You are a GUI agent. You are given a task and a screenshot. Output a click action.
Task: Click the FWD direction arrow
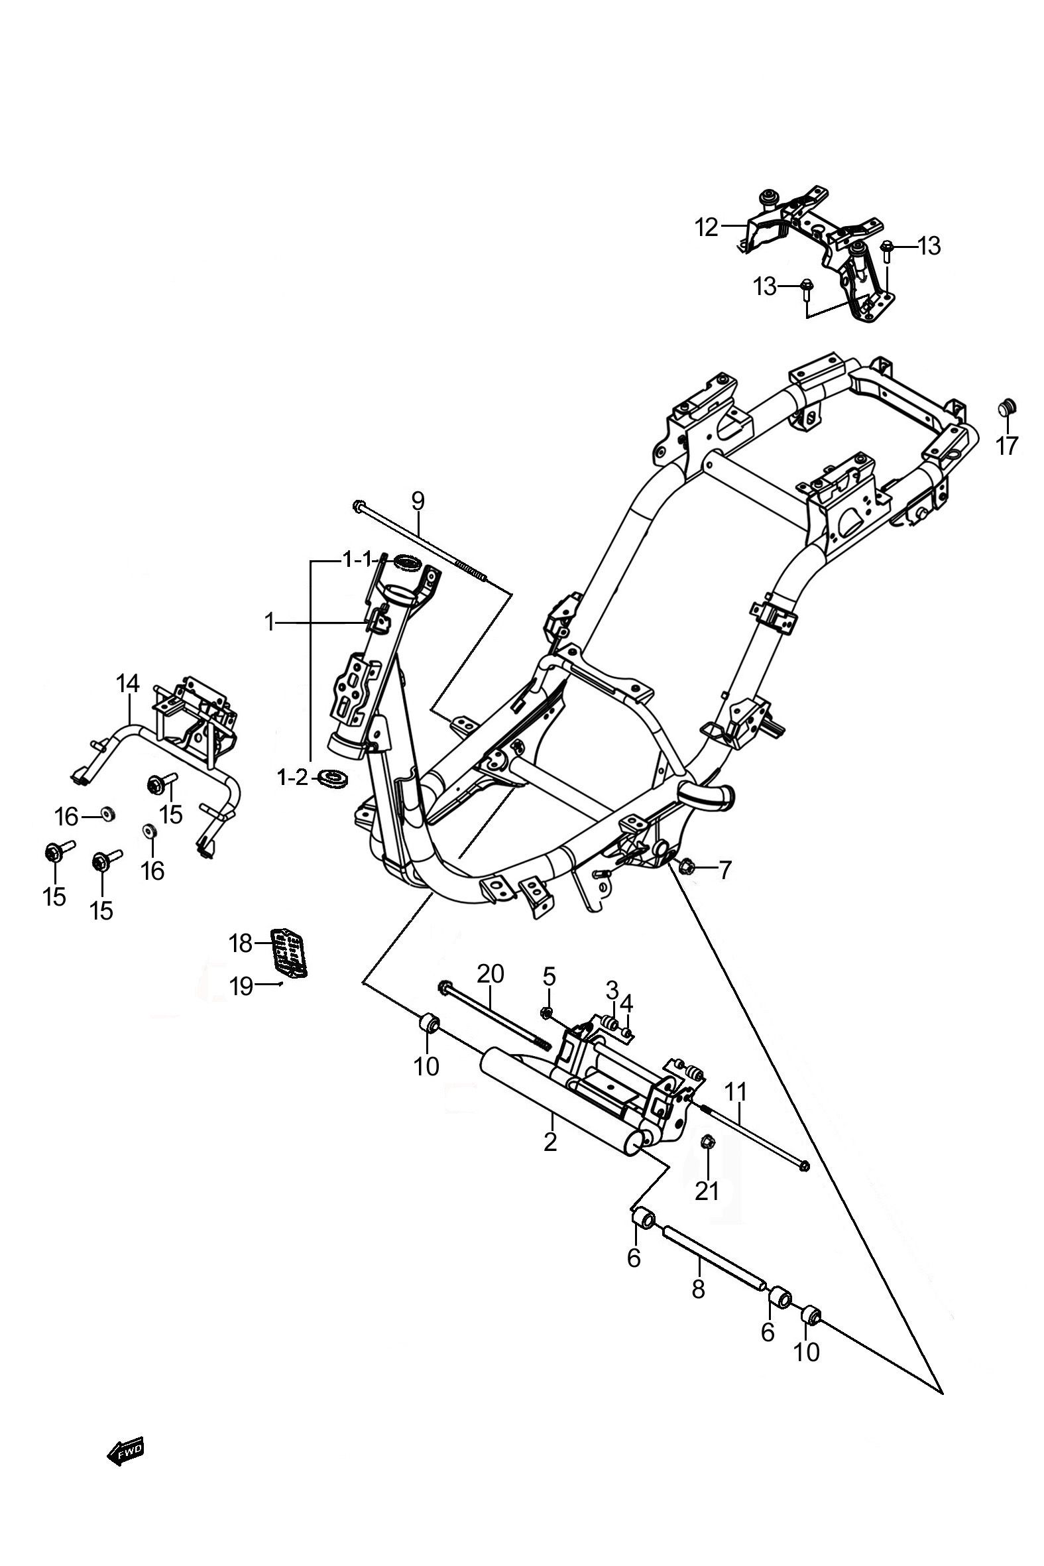coord(125,1450)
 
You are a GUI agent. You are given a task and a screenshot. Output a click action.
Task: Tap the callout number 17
coord(1008,446)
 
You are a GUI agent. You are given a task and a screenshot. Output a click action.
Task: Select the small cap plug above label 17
coord(1008,407)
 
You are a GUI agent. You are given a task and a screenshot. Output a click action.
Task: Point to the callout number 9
coord(418,500)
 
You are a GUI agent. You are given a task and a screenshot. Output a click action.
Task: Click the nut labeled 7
coord(687,867)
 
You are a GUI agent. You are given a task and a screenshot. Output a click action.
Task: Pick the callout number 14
coord(129,684)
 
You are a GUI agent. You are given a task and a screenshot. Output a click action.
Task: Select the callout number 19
coord(242,986)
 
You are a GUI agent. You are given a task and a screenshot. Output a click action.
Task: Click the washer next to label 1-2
coord(333,778)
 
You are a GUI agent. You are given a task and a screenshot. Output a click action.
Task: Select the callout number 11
coord(736,1092)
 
